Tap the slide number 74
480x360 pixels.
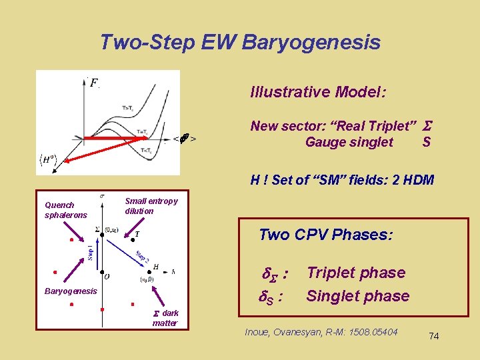tap(433, 337)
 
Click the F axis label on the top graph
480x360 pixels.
tap(95, 83)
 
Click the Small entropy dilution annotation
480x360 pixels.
tap(151, 206)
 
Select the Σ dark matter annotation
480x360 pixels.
tap(165, 318)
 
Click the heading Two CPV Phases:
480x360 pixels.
tap(325, 235)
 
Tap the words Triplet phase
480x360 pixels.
tap(355, 273)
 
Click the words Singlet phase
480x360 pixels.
tap(357, 296)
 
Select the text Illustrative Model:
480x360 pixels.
tap(318, 92)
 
